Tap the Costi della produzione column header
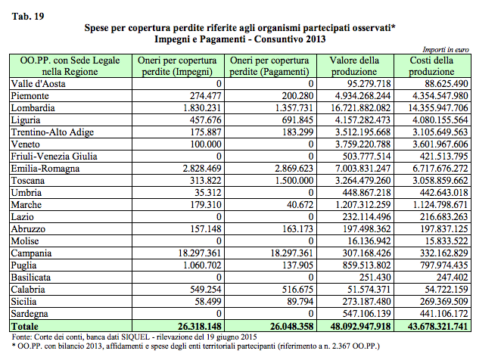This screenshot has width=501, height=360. click(x=431, y=66)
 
